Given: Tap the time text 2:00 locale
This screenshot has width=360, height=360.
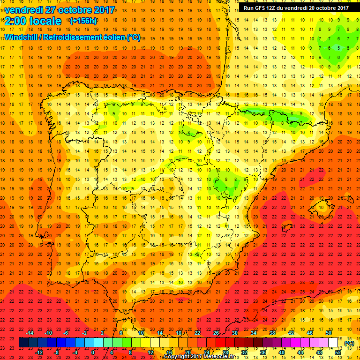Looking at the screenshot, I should point(33,21).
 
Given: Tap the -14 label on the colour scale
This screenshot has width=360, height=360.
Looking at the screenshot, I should point(30,333).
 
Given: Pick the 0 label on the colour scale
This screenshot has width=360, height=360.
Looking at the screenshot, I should point(93,352).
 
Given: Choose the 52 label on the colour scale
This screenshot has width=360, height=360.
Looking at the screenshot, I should point(337,352).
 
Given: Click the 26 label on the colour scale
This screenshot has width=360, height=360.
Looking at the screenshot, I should point(216,333).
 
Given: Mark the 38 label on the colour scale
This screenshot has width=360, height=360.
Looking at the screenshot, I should point(272,333).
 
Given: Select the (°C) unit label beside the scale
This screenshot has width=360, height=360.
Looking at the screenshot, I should point(349,343).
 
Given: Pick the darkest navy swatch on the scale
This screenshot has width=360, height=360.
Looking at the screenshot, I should point(24,343).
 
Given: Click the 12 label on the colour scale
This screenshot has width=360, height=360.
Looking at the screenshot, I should point(150,352).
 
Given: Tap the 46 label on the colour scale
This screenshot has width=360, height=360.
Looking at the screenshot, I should point(309,333).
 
